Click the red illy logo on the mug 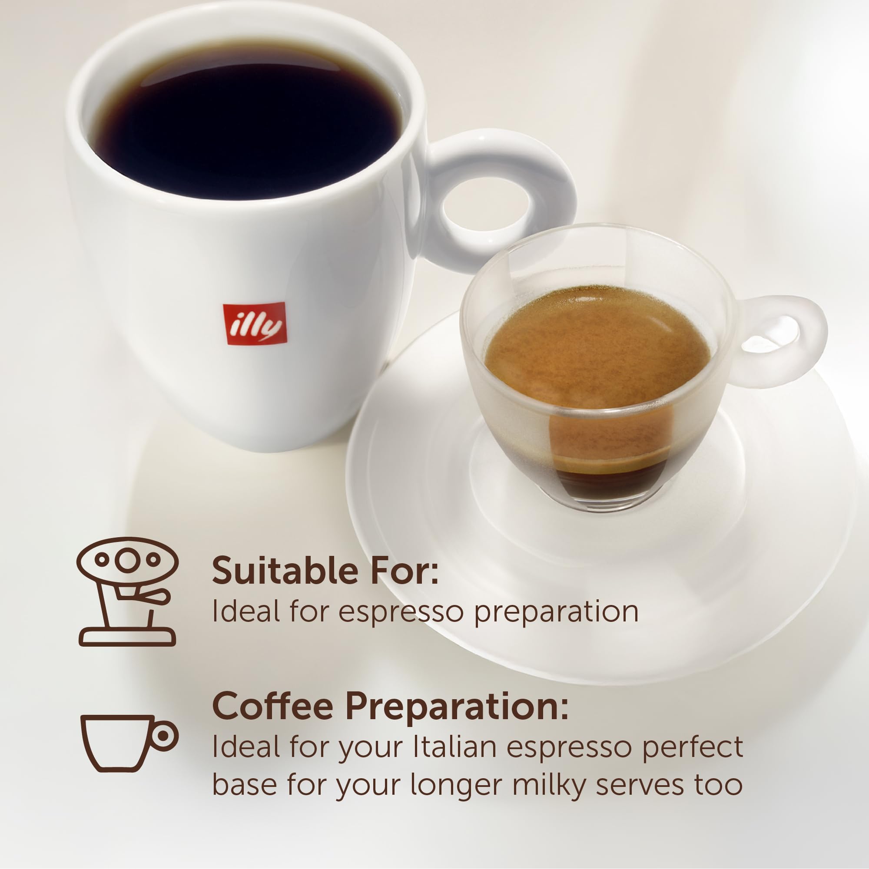point(255,324)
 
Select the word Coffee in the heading point(272,707)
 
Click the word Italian point(455,747)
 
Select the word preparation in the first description point(556,613)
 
